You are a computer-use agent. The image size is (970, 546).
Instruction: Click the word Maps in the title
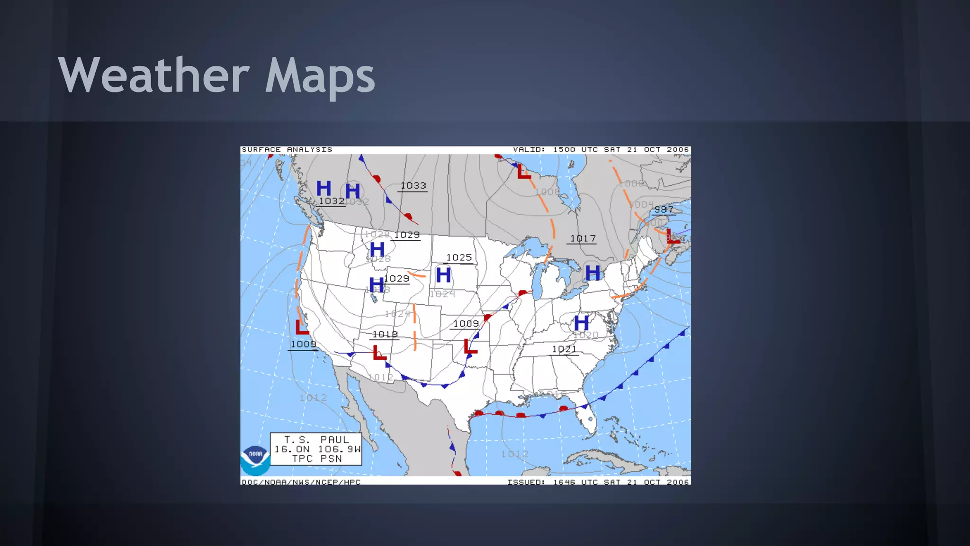tap(320, 76)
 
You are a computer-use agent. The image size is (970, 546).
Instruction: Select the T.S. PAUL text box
tap(316, 449)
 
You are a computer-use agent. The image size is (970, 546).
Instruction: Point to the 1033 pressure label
tap(413, 186)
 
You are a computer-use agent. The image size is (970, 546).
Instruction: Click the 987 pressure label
tap(664, 209)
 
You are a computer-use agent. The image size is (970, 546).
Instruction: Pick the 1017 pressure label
tap(583, 238)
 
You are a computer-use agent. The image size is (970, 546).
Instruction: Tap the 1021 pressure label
tap(564, 349)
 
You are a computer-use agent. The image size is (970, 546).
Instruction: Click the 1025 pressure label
tap(459, 257)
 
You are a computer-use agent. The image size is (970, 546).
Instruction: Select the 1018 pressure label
tap(385, 334)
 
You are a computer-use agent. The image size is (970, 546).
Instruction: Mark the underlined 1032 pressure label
tap(331, 201)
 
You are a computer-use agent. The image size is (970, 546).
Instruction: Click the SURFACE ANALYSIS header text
tap(287, 150)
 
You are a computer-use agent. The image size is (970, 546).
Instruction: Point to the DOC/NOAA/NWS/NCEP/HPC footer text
tap(301, 482)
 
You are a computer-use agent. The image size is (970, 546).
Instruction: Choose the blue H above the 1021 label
tap(582, 323)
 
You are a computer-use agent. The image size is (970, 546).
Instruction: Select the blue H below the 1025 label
tap(443, 275)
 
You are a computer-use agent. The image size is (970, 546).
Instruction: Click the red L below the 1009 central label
tap(470, 346)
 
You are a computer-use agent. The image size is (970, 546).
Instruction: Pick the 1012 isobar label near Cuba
tap(514, 454)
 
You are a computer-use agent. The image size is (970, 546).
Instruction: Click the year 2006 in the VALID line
tap(678, 150)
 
